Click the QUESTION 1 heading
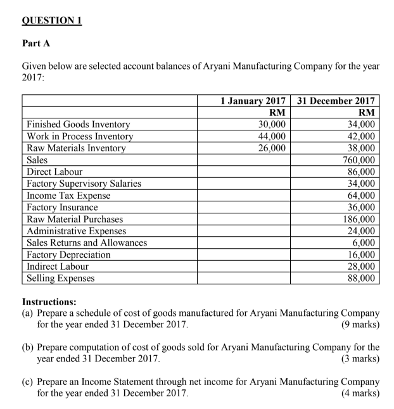pos(53,19)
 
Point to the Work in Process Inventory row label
pos(80,136)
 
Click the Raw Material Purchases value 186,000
pos(359,219)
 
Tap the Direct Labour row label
pos(54,172)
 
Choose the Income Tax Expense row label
pos(68,196)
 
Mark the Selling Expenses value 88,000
pos(361,278)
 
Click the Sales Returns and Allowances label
pos(87,242)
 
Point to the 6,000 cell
pos(364,242)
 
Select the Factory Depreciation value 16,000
pos(361,255)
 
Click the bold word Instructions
pos(49,302)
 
